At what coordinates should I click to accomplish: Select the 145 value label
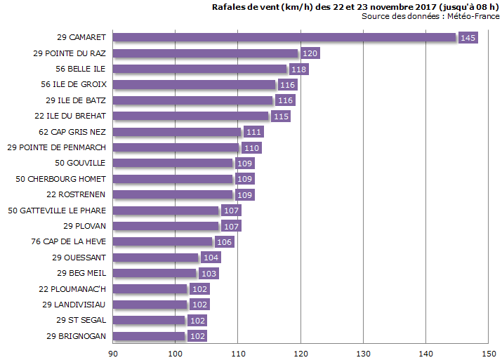pos(468,38)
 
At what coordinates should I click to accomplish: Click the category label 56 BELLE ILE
pos(81,69)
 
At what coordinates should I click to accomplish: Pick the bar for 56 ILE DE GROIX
pos(194,85)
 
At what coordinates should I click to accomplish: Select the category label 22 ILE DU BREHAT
pos(71,116)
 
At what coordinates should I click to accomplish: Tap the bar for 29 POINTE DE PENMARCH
pos(176,147)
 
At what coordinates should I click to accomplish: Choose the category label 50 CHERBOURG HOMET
pos(60,179)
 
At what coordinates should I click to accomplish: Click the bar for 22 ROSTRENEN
pos(173,194)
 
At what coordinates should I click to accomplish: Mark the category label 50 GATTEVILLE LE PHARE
pos(57,211)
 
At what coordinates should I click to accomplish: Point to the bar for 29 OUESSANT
pos(156,258)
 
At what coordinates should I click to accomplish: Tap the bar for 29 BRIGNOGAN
pos(149,336)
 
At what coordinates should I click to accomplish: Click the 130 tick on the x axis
pos(363,352)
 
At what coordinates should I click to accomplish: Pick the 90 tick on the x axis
pos(113,352)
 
